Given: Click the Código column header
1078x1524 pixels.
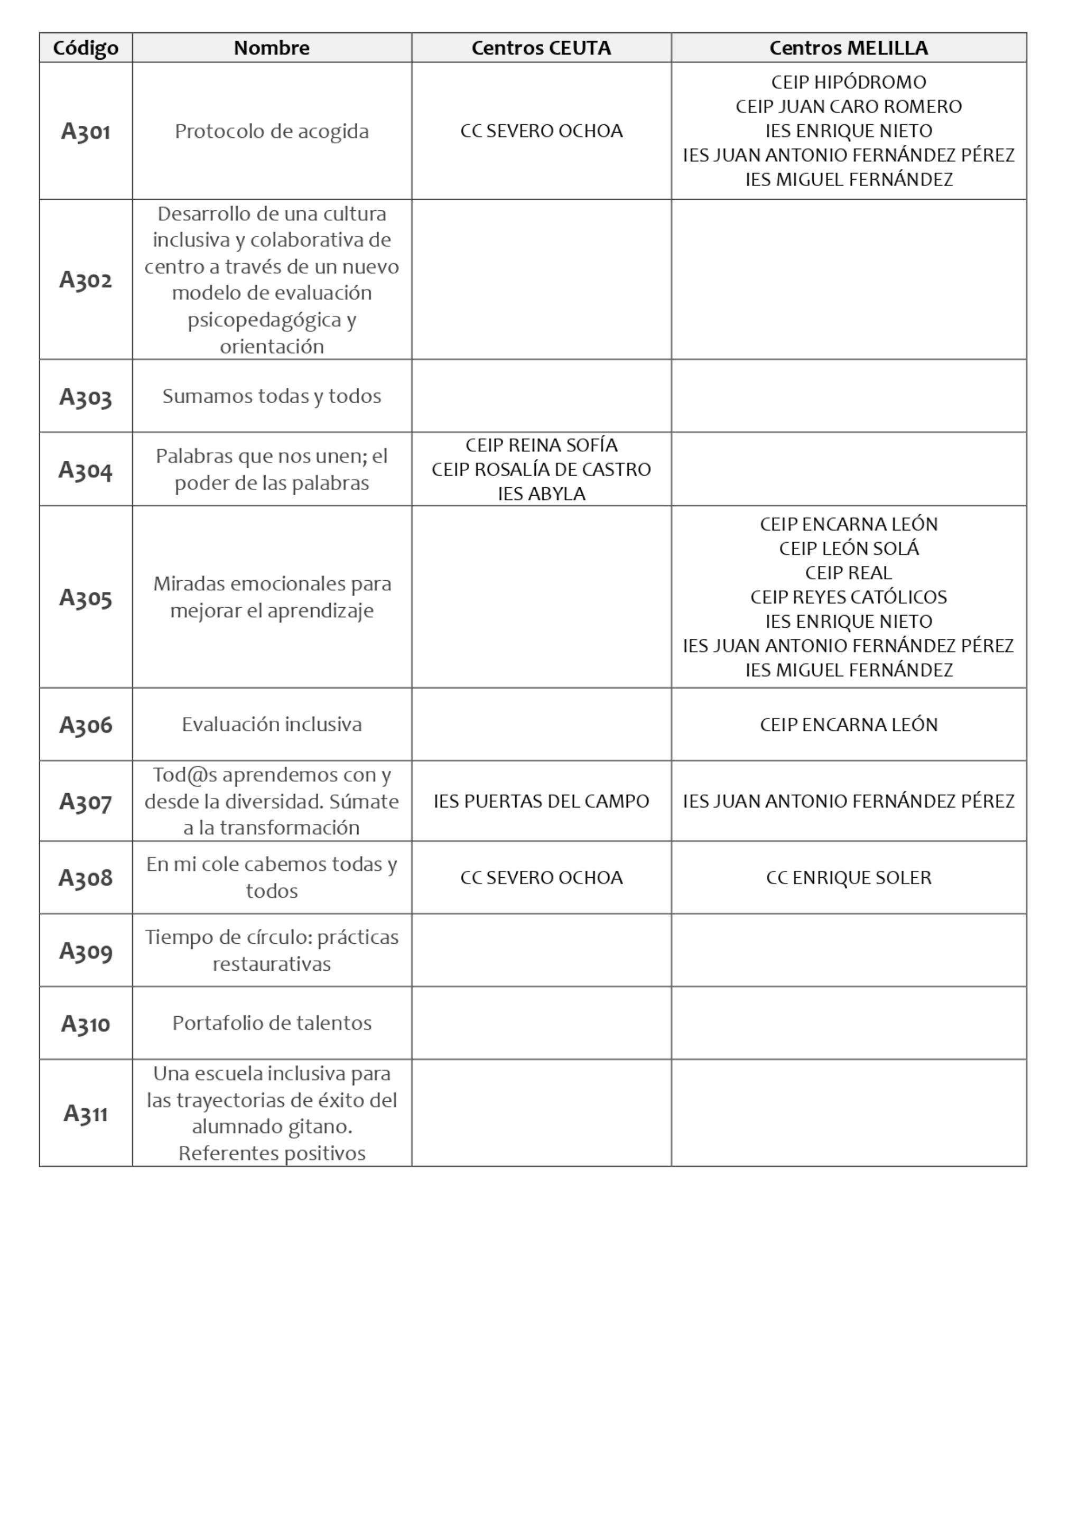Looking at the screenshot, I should [x=86, y=48].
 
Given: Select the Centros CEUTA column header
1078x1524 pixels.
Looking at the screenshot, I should [x=541, y=48].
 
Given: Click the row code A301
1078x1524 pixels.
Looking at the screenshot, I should [x=86, y=132].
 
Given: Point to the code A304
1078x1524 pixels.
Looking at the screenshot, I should [x=86, y=470].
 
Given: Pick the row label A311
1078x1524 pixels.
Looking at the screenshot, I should [x=86, y=1113].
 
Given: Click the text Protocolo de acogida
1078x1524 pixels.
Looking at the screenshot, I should [x=272, y=132].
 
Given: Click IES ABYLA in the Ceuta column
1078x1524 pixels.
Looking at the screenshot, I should [x=541, y=495].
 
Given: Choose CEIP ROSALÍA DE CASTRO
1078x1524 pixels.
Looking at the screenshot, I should [x=541, y=470].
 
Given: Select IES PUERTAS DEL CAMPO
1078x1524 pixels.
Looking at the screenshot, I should [x=541, y=801].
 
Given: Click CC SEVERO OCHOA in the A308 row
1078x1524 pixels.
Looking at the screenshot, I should [x=541, y=878].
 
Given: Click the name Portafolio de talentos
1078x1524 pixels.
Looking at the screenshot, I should [x=272, y=1023].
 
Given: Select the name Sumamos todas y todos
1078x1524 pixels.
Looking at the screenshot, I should [x=272, y=396].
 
